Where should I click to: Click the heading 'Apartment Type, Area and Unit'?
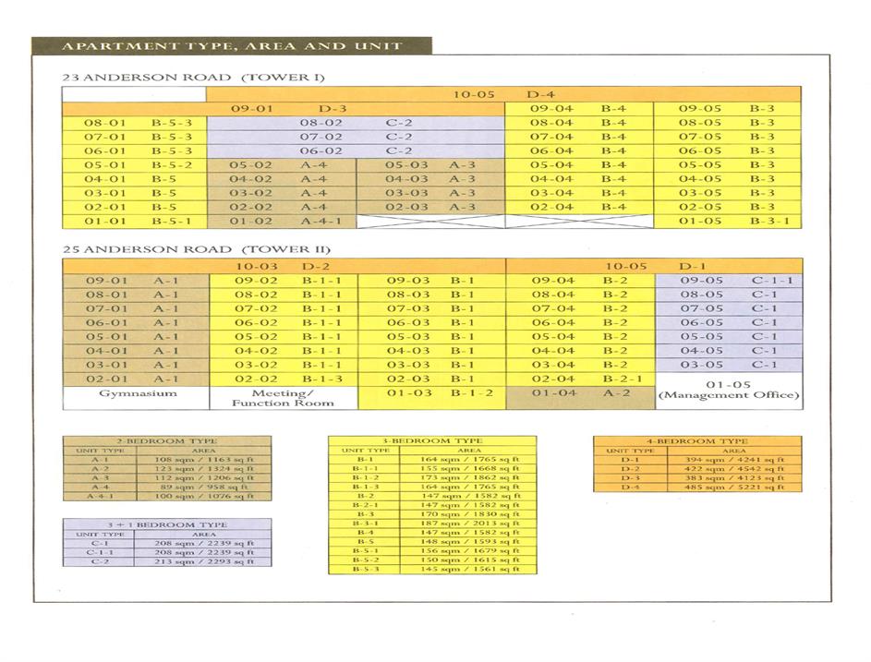click(x=231, y=46)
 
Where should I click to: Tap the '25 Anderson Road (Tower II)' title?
click(x=196, y=249)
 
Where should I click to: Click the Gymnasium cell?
click(x=137, y=393)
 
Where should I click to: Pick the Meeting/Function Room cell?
click(x=283, y=398)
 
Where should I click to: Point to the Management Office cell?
click(x=728, y=390)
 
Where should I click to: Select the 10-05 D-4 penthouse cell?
click(x=503, y=94)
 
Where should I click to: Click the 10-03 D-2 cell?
click(x=284, y=266)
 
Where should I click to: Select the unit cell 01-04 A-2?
click(x=579, y=393)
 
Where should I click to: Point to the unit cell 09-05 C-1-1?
click(x=728, y=281)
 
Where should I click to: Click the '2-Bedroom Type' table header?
click(x=167, y=441)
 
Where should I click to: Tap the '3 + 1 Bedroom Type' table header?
click(x=167, y=524)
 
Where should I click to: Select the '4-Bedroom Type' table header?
click(x=697, y=441)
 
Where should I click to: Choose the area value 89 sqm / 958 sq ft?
click(x=204, y=487)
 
